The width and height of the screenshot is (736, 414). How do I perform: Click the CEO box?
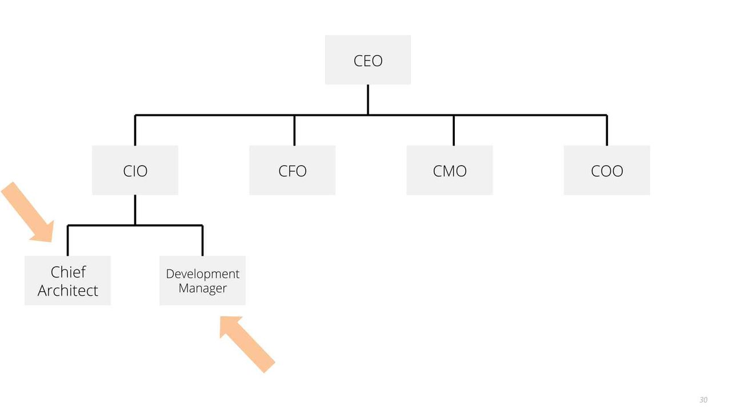pyautogui.click(x=367, y=60)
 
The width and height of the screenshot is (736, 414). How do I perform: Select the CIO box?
pyautogui.click(x=135, y=170)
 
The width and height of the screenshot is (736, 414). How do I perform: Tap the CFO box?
pyautogui.click(x=293, y=170)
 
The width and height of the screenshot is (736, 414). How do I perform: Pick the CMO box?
pyautogui.click(x=450, y=170)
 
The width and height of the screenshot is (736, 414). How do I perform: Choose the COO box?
pyautogui.click(x=607, y=170)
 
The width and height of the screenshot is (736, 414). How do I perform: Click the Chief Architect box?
pyautogui.click(x=67, y=280)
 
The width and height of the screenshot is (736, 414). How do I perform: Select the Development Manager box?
pyautogui.click(x=202, y=280)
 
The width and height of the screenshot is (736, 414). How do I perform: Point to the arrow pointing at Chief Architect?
pyautogui.click(x=27, y=212)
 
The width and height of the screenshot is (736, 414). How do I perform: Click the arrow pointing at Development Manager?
pyautogui.click(x=247, y=344)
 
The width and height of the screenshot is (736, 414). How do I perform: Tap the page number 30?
pyautogui.click(x=703, y=400)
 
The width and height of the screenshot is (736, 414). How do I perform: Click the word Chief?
pyautogui.click(x=68, y=272)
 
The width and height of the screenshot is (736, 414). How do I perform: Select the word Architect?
pyautogui.click(x=67, y=291)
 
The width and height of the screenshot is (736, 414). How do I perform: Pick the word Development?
pyautogui.click(x=202, y=274)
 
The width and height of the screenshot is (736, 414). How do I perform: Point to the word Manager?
pyautogui.click(x=202, y=288)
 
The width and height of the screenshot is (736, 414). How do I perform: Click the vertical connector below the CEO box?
pyautogui.click(x=367, y=99)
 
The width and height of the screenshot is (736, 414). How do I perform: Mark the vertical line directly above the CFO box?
pyautogui.click(x=294, y=130)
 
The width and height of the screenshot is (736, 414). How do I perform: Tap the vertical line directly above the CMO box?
pyautogui.click(x=454, y=130)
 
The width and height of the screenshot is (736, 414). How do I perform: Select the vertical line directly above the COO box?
pyautogui.click(x=607, y=130)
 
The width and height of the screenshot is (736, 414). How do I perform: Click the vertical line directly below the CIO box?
pyautogui.click(x=135, y=210)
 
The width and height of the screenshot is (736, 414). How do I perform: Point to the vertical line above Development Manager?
pyautogui.click(x=202, y=240)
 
